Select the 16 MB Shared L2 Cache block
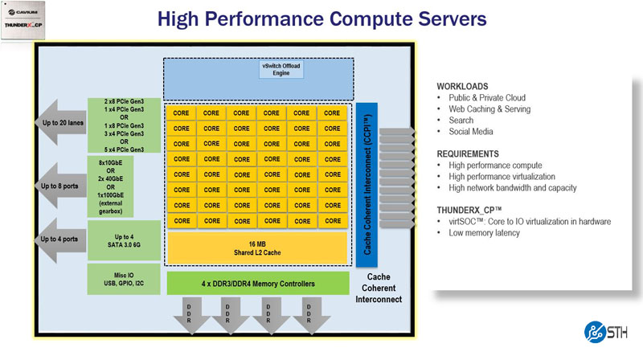point(256,247)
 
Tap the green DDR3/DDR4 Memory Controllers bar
point(256,283)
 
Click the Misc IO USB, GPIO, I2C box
point(124,278)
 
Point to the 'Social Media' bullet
point(471,132)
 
